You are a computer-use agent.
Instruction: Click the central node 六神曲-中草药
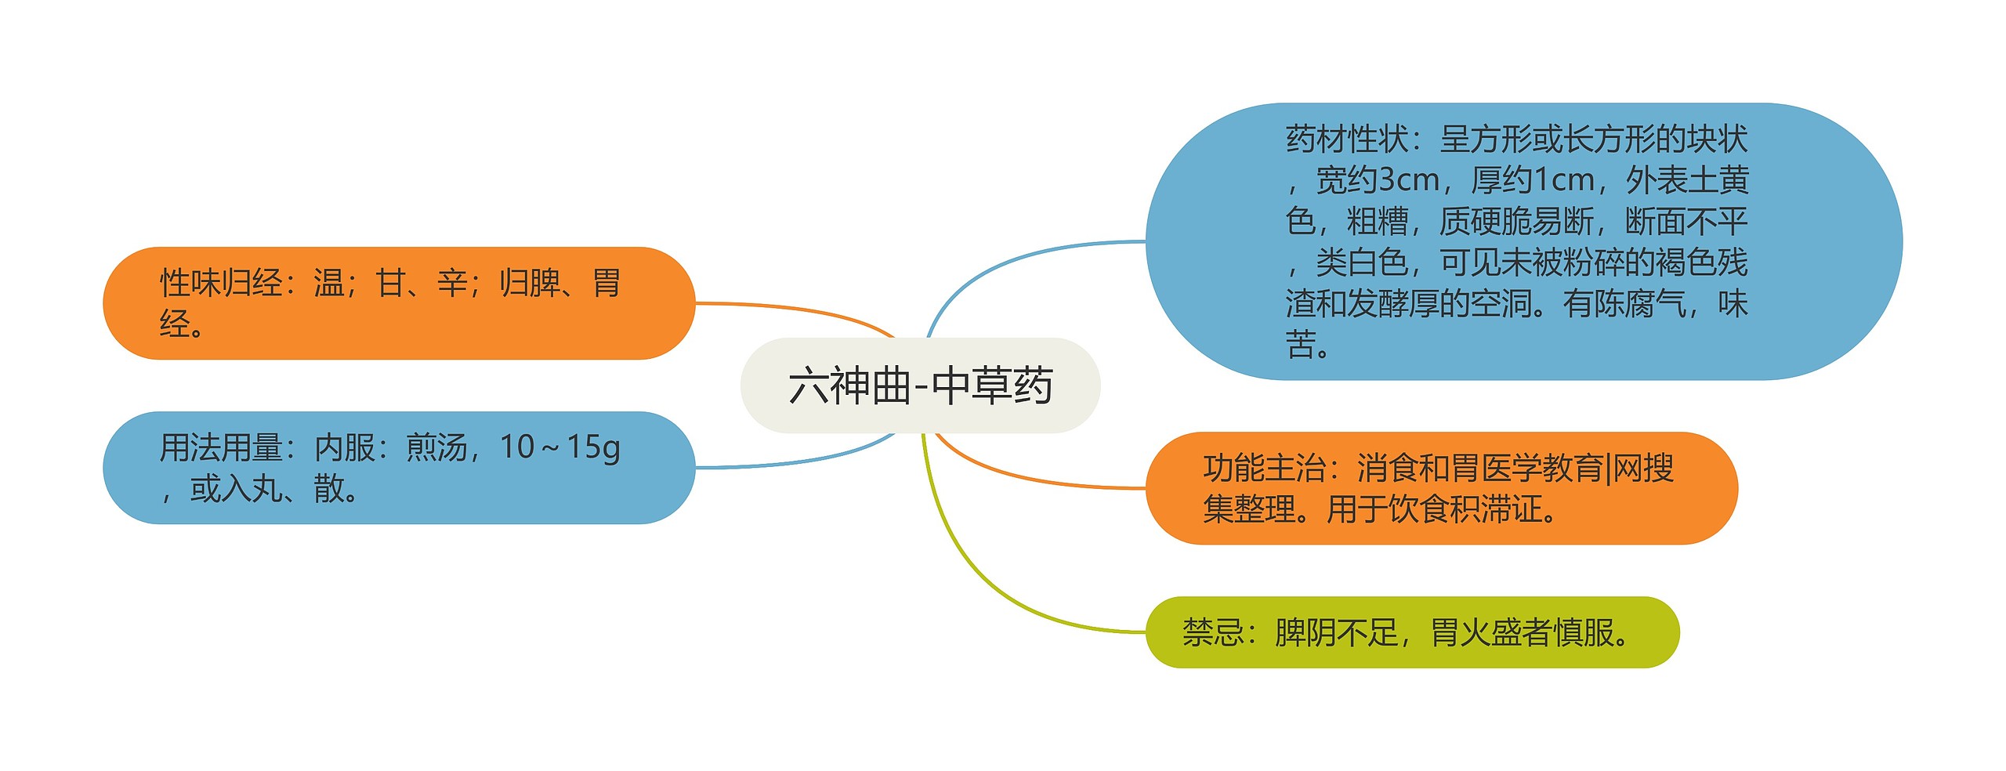click(x=920, y=385)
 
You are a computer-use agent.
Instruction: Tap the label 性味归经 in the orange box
click(x=221, y=283)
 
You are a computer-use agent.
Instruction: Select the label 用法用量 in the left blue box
click(x=221, y=447)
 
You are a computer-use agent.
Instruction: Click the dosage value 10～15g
click(x=559, y=447)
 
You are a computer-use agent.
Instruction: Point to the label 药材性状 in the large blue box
click(x=1347, y=139)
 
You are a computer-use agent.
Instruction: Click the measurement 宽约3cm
click(x=1378, y=180)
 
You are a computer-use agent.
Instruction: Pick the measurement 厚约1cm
click(x=1533, y=180)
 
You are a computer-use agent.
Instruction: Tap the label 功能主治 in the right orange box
click(x=1265, y=468)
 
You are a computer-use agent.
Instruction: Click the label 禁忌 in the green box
click(x=1213, y=632)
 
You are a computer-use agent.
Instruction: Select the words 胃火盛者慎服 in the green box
click(x=1523, y=632)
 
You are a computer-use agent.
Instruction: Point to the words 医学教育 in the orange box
click(x=1542, y=468)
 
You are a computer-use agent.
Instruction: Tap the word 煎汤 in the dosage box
click(x=436, y=447)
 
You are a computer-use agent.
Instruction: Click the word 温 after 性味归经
click(x=329, y=283)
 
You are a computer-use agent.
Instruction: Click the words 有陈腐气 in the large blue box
click(x=1624, y=304)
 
